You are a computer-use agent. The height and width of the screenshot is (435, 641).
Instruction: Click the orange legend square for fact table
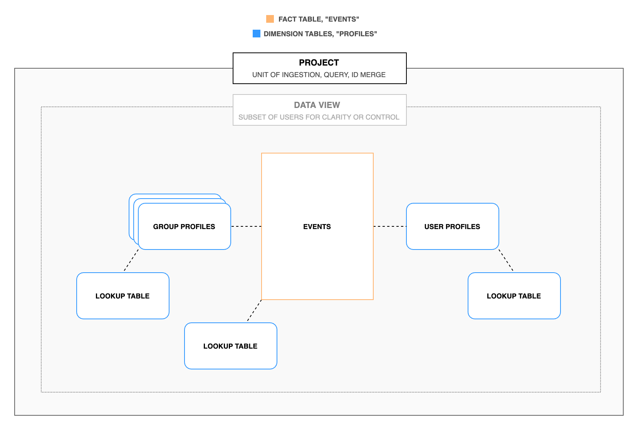point(270,19)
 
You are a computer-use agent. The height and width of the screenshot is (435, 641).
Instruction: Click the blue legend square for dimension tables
point(257,34)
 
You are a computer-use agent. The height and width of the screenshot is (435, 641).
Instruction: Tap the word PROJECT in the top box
point(319,62)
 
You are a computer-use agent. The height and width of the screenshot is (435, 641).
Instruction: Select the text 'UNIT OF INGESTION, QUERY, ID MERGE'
point(319,75)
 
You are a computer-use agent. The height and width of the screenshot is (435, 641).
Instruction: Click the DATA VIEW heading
point(317,105)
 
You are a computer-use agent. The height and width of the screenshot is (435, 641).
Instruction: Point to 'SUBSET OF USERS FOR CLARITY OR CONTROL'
point(319,117)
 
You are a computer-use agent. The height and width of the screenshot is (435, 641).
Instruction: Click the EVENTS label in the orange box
point(317,227)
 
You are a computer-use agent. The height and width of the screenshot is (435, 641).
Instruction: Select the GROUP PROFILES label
point(184,227)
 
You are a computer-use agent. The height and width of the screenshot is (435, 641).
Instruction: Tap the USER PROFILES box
point(452,227)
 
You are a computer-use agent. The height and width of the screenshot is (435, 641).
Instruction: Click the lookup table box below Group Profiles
point(122,296)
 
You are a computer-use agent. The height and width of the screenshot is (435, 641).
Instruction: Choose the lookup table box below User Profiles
point(514,296)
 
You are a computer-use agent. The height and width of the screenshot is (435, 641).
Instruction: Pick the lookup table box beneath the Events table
point(230,346)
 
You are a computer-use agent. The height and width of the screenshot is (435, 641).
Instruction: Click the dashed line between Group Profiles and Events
point(246,226)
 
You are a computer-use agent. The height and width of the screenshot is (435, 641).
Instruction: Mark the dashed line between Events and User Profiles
point(390,226)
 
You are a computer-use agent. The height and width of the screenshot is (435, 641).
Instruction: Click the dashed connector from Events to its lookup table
point(254,311)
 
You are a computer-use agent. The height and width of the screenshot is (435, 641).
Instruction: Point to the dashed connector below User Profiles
point(506,260)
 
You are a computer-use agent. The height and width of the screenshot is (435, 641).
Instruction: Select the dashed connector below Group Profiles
point(131,260)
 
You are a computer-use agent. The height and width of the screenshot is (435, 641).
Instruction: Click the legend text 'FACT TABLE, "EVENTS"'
point(319,19)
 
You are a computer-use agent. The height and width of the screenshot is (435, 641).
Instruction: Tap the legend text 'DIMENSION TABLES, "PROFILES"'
point(320,34)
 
